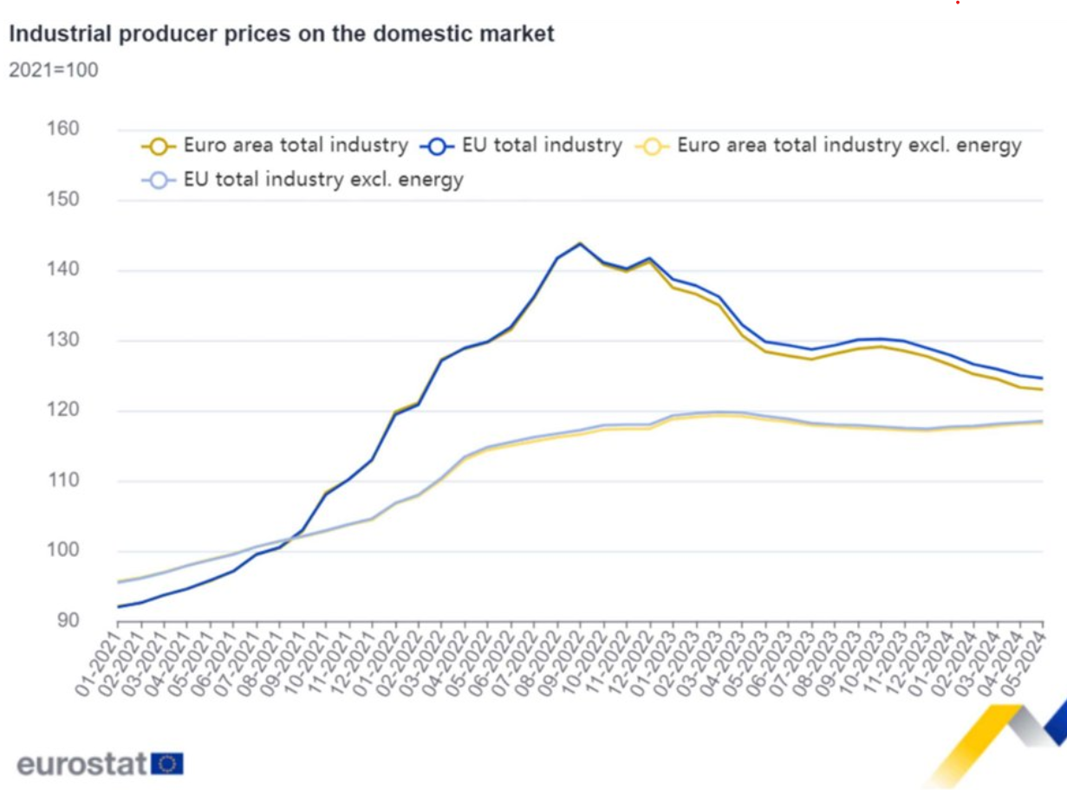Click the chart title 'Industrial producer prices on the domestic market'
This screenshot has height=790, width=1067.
(281, 35)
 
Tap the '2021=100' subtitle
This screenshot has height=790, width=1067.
(53, 70)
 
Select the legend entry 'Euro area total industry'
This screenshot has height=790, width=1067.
(295, 146)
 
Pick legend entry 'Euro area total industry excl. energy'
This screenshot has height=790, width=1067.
(849, 146)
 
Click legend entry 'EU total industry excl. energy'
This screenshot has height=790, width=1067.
(323, 180)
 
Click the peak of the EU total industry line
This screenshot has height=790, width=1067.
(580, 243)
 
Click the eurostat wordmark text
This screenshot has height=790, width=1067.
(82, 765)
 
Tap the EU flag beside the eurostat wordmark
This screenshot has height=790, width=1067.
(167, 764)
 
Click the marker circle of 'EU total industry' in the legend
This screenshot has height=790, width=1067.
(437, 146)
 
